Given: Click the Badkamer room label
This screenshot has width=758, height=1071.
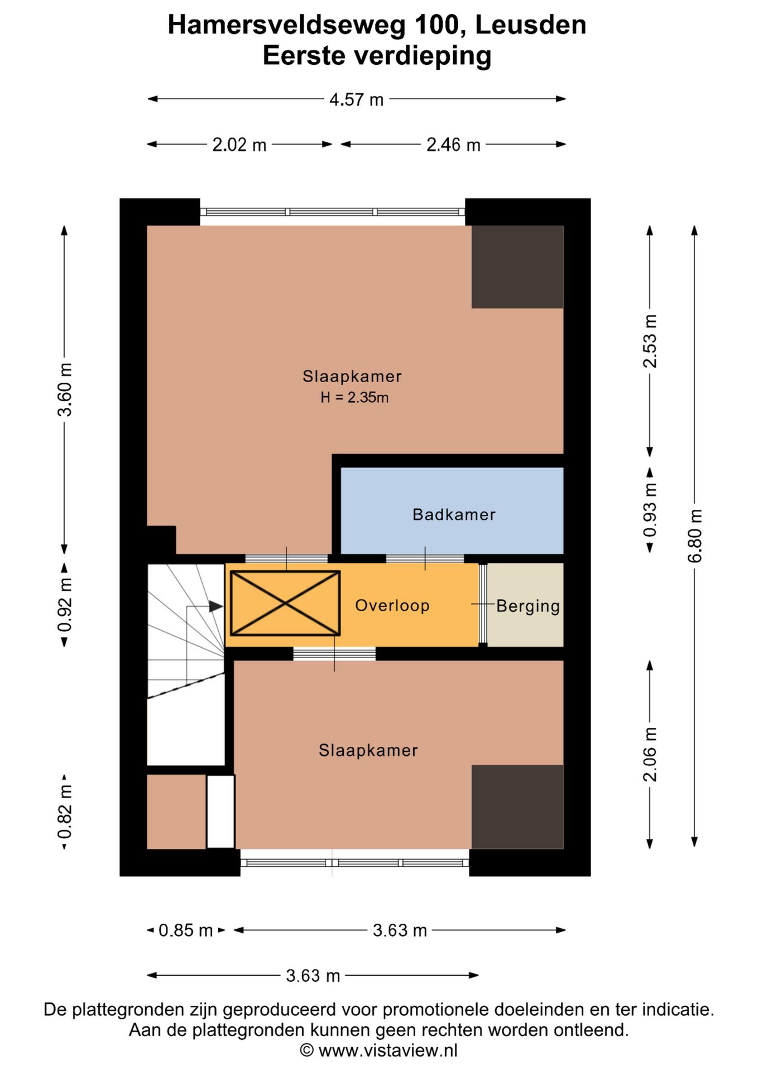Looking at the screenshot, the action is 454,514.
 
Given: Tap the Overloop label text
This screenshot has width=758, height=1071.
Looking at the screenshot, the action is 392,605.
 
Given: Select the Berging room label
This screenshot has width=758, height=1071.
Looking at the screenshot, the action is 528,606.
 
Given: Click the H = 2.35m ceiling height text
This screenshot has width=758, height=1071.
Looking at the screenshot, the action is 354,397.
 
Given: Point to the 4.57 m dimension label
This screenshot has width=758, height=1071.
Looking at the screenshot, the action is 356,100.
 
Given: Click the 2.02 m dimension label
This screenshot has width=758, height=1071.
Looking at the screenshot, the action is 239,145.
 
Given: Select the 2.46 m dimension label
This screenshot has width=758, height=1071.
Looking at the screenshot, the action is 453,145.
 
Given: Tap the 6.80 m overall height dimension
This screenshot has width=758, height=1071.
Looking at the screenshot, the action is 694,536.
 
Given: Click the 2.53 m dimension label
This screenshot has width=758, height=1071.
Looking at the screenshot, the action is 650,341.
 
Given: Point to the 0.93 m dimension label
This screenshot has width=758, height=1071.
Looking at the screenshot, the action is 650,510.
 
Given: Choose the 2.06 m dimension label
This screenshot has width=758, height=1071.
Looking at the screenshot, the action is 650,754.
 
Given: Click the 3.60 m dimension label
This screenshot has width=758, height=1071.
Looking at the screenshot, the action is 64,389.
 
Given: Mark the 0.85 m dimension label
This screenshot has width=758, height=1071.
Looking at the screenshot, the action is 186,930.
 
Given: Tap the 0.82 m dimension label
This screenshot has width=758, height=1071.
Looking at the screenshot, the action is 64,812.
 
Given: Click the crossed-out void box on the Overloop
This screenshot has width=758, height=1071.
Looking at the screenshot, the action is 285,603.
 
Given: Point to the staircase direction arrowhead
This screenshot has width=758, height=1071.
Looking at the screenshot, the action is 216,606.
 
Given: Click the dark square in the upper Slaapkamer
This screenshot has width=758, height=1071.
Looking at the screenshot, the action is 517,267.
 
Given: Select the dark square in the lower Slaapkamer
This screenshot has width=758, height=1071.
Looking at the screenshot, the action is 517,807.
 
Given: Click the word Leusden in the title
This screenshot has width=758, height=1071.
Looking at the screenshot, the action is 530,25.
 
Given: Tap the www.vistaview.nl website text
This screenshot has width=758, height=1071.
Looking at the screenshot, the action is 388,1050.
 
